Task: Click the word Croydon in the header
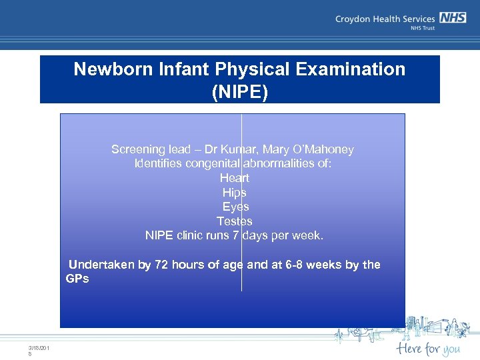tap(354, 19)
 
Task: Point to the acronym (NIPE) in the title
tap(240, 92)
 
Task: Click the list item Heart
tap(235, 178)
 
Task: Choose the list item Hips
tap(235, 192)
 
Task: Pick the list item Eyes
tap(235, 207)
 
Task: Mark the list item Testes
tap(235, 221)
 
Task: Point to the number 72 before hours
tap(161, 265)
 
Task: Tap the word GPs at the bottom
tap(77, 279)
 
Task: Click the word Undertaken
tap(101, 265)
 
